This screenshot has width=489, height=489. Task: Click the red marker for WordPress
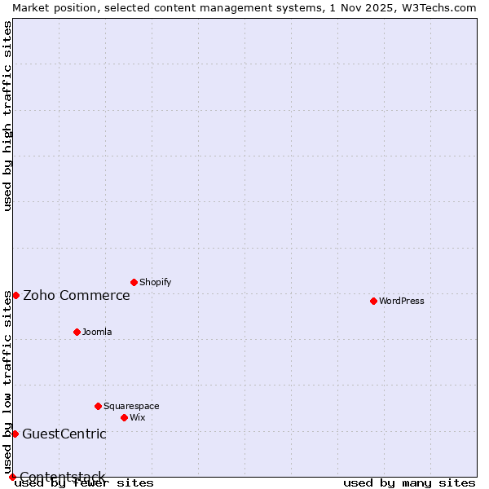point(373,301)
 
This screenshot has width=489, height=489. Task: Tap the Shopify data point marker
point(134,282)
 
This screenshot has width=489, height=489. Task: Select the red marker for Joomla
point(77,332)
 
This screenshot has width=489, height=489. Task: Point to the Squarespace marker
point(98,406)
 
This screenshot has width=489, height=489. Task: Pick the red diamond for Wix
point(124,417)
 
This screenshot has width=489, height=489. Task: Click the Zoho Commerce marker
point(15,295)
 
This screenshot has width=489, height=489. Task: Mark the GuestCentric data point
point(15,434)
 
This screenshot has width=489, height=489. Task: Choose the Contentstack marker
point(12,477)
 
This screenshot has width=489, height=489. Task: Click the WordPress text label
point(402,301)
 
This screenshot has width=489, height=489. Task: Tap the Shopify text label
point(155,282)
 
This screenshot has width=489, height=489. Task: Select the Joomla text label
point(97,332)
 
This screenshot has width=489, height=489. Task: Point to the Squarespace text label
point(131,406)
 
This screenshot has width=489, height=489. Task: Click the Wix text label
point(137,417)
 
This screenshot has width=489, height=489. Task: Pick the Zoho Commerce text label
point(77,295)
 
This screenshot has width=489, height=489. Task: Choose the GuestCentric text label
point(64,434)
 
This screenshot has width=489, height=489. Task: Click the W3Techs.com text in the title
point(439,7)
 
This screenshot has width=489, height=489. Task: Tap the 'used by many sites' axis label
point(409,482)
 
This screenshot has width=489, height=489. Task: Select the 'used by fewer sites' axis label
point(84,482)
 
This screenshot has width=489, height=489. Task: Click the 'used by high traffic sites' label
point(7,116)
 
